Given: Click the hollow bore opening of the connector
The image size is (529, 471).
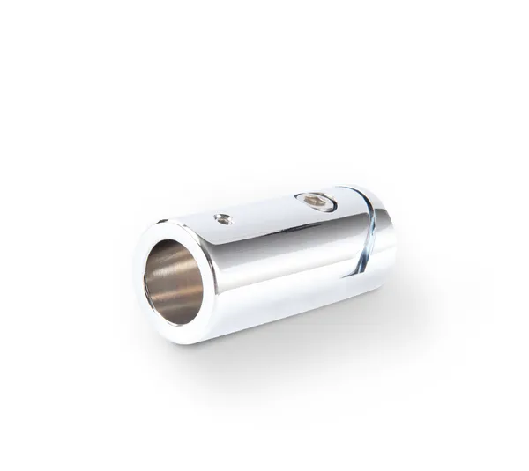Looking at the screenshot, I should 174,283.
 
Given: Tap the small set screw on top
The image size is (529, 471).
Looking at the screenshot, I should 224,218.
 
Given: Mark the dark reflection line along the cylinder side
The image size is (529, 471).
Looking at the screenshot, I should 282,247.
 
